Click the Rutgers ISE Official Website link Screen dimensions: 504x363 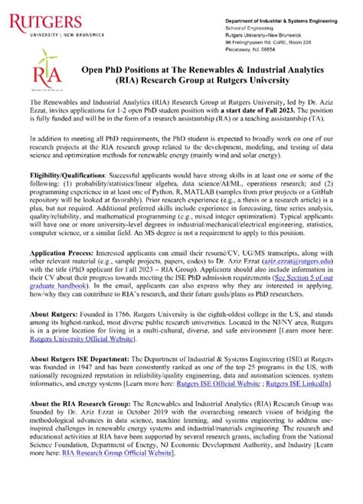point(216,437)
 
